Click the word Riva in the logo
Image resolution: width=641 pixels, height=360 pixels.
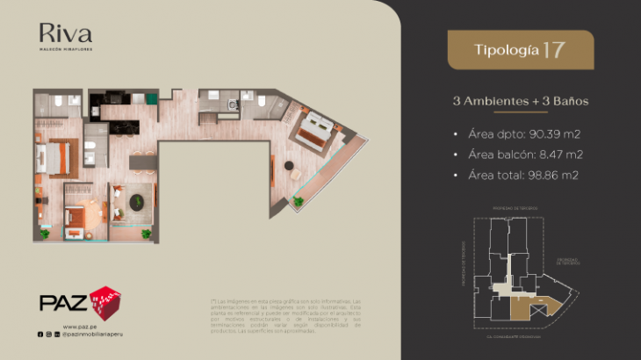65,34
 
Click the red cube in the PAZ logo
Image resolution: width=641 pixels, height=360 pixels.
105,300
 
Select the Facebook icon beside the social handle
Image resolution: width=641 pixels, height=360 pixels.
40,335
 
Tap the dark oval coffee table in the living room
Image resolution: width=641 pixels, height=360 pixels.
138,202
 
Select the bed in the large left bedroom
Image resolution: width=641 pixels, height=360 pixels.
51,159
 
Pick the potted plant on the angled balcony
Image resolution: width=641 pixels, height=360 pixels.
299,201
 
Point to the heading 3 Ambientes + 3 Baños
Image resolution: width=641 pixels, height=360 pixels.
521,101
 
